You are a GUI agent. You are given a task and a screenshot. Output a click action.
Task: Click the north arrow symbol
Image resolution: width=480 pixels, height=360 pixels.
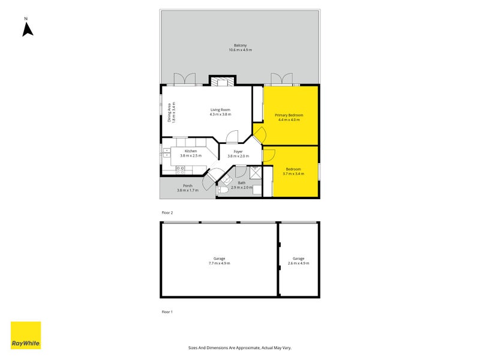click(28, 29)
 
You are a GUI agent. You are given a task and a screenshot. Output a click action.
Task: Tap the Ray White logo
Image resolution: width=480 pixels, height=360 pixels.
click(26, 335)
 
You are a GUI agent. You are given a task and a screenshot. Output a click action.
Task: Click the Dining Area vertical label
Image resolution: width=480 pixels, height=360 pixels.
click(171, 112)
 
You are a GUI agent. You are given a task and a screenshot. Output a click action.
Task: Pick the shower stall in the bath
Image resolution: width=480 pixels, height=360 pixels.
click(256, 172)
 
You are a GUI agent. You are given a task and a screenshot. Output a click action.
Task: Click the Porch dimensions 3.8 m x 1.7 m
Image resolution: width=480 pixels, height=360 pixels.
click(188, 190)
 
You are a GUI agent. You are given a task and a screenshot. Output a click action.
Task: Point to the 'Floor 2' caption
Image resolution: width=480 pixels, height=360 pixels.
click(167, 213)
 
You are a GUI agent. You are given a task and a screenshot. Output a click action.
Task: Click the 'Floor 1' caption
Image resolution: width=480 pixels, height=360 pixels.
click(167, 312)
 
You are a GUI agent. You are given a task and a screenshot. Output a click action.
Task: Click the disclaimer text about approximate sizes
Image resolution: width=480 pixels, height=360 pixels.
click(240, 347)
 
